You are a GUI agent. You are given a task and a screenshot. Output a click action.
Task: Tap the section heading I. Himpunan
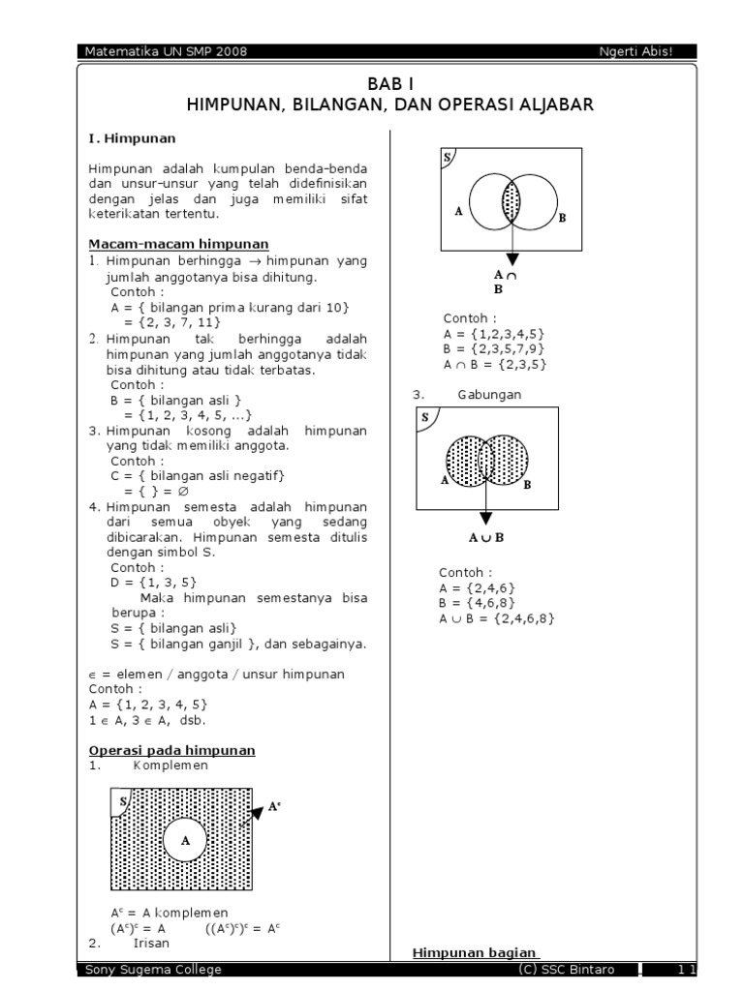pyautogui.click(x=125, y=138)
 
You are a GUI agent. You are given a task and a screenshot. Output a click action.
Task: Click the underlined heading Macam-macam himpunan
pyautogui.click(x=178, y=244)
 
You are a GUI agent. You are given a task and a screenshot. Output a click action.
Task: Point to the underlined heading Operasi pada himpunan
pyautogui.click(x=171, y=750)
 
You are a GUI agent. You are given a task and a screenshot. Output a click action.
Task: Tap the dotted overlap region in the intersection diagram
pyautogui.click(x=511, y=201)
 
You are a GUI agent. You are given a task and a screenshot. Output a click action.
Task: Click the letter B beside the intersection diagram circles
pyautogui.click(x=561, y=219)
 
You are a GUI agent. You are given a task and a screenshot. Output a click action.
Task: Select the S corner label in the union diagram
pyautogui.click(x=425, y=417)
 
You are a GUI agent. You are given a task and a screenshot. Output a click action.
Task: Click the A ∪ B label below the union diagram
pyautogui.click(x=486, y=537)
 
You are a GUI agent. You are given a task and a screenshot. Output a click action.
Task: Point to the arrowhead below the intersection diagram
pyautogui.click(x=511, y=259)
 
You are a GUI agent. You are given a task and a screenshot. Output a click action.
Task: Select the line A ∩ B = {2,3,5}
pyautogui.click(x=495, y=364)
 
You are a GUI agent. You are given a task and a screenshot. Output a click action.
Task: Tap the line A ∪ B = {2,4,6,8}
pyautogui.click(x=497, y=618)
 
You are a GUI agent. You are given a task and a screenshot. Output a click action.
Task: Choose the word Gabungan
pyautogui.click(x=489, y=395)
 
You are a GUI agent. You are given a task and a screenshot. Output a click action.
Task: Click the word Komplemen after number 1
pyautogui.click(x=170, y=765)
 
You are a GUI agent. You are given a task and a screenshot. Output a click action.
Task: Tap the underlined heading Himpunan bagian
pyautogui.click(x=475, y=953)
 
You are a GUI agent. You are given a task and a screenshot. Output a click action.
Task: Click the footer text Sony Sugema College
pyautogui.click(x=153, y=970)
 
